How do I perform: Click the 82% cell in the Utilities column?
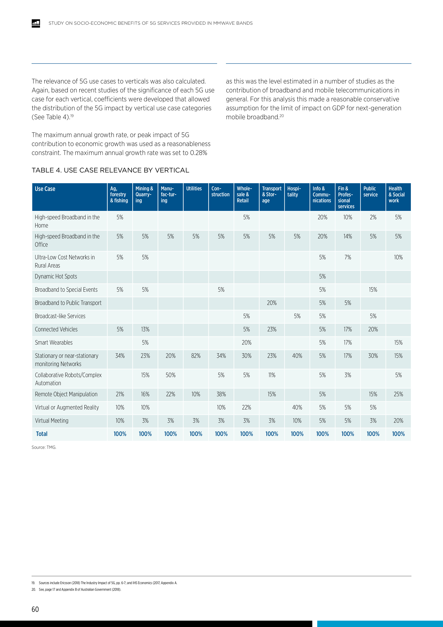[196, 356]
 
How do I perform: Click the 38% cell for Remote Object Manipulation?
[221, 394]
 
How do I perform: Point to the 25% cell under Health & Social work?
[398, 394]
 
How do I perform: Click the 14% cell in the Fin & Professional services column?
[347, 236]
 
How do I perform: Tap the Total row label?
[42, 434]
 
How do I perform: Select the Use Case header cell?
[45, 189]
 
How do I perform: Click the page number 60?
[35, 609]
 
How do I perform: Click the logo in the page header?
[36, 23]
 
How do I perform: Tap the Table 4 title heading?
[110, 170]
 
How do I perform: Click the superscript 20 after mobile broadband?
[282, 116]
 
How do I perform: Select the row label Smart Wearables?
[54, 343]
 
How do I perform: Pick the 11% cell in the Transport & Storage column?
[272, 375]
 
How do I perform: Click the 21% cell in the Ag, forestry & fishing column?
[120, 394]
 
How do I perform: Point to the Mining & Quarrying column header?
[144, 194]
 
